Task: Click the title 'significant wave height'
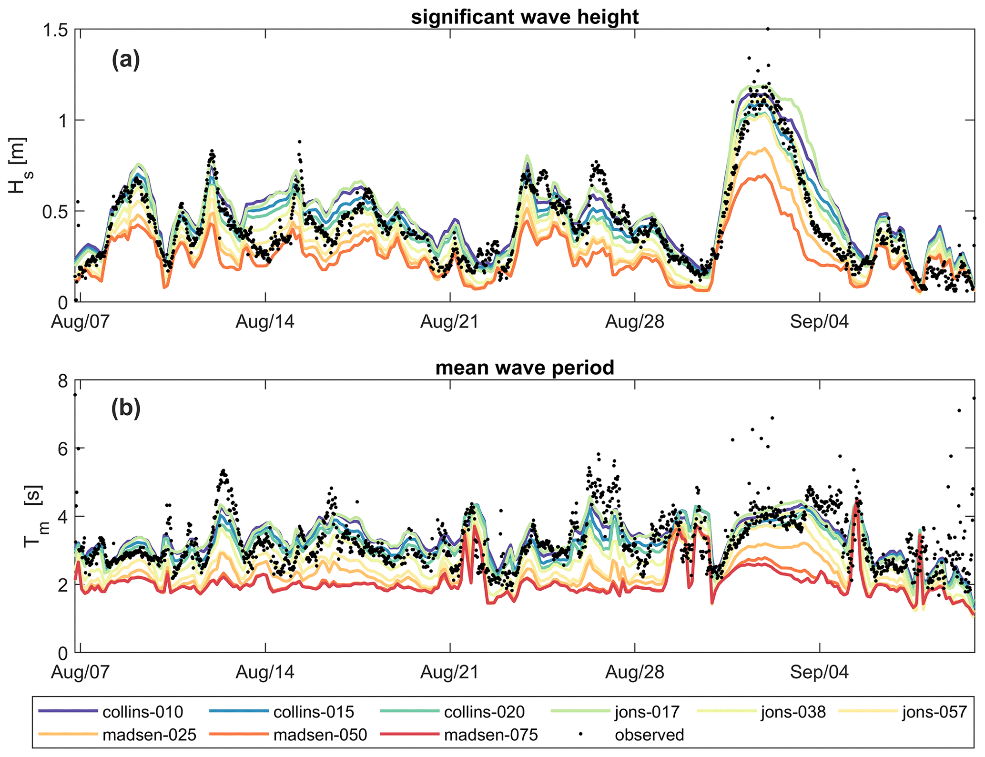(x=525, y=17)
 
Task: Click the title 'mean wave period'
(x=525, y=368)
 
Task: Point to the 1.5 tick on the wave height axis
(x=55, y=30)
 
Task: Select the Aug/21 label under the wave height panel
(x=450, y=322)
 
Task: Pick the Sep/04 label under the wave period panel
(x=820, y=672)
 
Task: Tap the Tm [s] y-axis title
(x=32, y=516)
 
